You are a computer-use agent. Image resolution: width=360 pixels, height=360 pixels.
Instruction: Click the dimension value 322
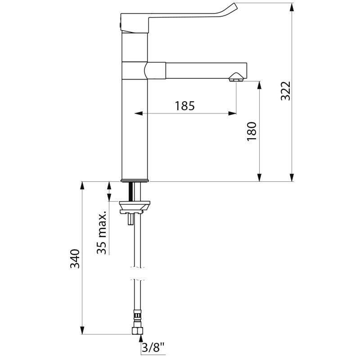point(287,91)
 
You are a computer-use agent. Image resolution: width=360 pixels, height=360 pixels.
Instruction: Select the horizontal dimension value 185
point(185,106)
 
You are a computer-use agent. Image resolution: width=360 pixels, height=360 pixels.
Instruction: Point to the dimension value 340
point(76,259)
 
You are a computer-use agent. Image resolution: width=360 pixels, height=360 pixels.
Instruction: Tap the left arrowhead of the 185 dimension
point(137,113)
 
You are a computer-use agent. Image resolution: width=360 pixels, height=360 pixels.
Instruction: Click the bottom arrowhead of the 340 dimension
point(82,331)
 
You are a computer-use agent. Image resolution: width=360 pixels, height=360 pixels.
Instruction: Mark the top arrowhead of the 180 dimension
point(259,85)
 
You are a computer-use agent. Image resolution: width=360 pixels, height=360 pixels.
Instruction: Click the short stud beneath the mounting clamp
point(130,220)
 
